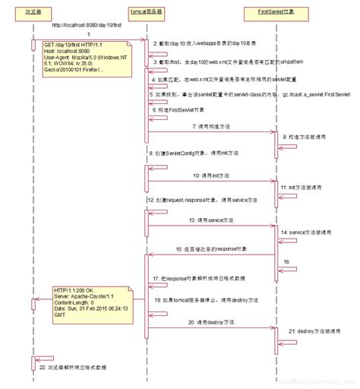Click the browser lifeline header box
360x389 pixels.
pos(33,13)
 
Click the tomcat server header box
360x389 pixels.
pos(145,13)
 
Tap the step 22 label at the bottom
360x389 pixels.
pos(72,366)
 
